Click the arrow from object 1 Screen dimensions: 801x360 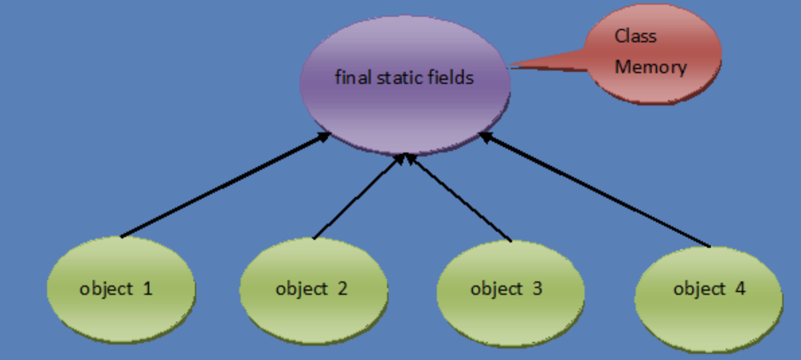[x=225, y=185]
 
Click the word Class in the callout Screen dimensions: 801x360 [x=635, y=36]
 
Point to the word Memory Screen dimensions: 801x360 [x=650, y=67]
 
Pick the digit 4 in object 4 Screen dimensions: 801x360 [x=740, y=289]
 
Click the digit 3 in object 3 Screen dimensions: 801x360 [x=537, y=289]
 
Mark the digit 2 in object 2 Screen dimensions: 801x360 [x=342, y=289]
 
